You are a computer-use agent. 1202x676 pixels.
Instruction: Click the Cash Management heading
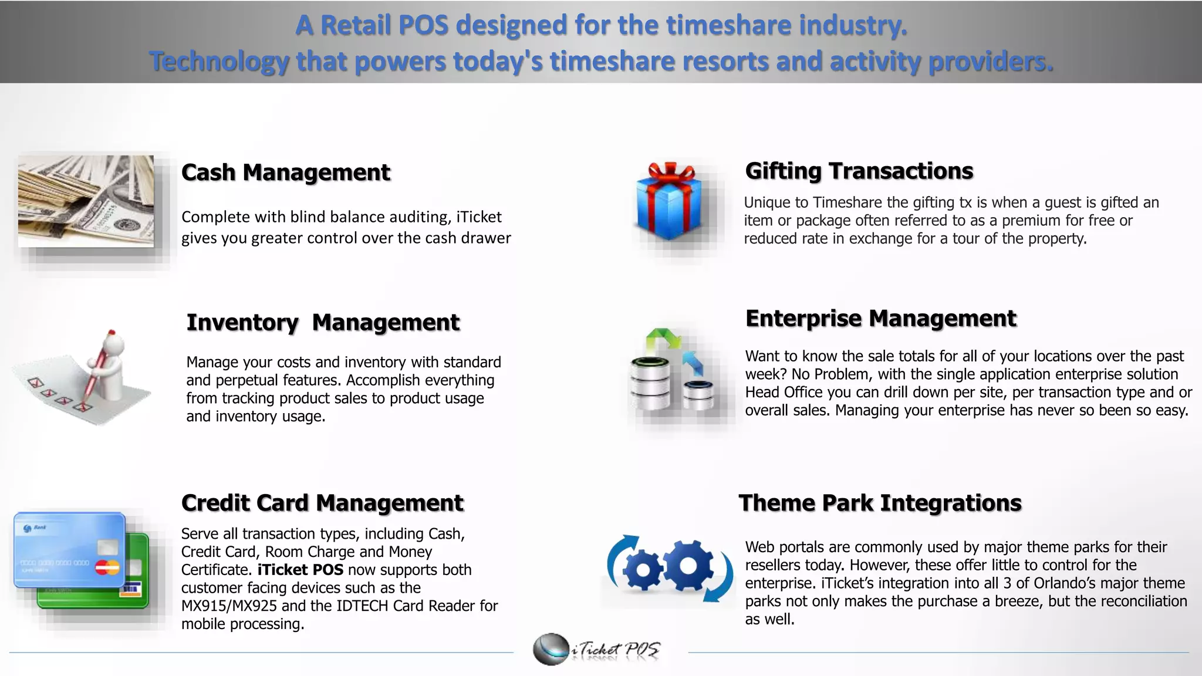[285, 173]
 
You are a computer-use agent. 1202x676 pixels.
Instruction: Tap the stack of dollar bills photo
[86, 201]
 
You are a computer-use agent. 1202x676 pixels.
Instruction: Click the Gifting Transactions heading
[859, 171]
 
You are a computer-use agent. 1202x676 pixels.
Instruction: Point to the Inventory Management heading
[323, 322]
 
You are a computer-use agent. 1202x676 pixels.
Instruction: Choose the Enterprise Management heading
[880, 318]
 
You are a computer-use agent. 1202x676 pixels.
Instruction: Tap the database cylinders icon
[671, 376]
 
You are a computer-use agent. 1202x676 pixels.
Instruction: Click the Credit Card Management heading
[322, 503]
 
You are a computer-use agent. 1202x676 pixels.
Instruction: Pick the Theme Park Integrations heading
[880, 503]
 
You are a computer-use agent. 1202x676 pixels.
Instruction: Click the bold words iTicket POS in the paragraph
[300, 570]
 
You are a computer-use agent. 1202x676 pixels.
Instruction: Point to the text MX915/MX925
[229, 606]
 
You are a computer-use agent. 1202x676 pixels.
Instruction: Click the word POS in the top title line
[423, 25]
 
